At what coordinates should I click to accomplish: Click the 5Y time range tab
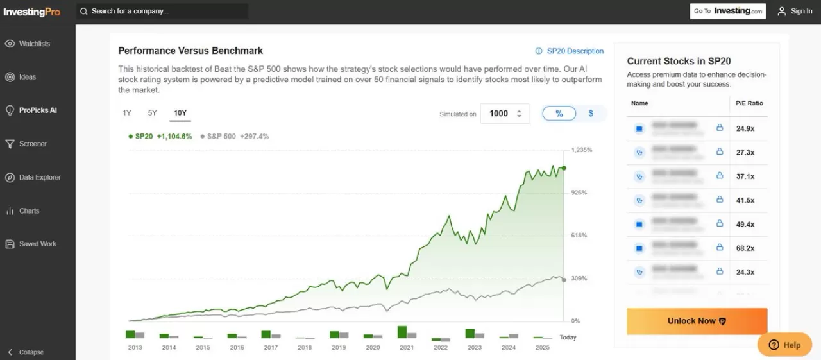pyautogui.click(x=152, y=113)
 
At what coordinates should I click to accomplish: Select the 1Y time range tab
pyautogui.click(x=127, y=113)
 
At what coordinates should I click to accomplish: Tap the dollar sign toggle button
pyautogui.click(x=591, y=114)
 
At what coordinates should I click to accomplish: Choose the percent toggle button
pyautogui.click(x=559, y=114)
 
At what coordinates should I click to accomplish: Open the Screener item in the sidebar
pyautogui.click(x=33, y=144)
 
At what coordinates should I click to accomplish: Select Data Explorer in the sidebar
pyautogui.click(x=40, y=177)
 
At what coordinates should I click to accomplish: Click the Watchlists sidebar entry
pyautogui.click(x=34, y=44)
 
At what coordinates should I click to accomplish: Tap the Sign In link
pyautogui.click(x=795, y=11)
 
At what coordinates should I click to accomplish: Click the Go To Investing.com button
pyautogui.click(x=728, y=11)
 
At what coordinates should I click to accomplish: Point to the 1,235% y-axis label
pyautogui.click(x=581, y=150)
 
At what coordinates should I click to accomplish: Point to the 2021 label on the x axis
pyautogui.click(x=407, y=348)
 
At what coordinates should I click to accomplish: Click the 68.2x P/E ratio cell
pyautogui.click(x=745, y=248)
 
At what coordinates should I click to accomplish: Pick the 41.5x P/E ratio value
pyautogui.click(x=745, y=200)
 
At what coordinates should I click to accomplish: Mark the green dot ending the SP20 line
pyautogui.click(x=564, y=168)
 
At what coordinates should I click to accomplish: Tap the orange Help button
pyautogui.click(x=784, y=345)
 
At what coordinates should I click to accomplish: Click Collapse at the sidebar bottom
pyautogui.click(x=31, y=352)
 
